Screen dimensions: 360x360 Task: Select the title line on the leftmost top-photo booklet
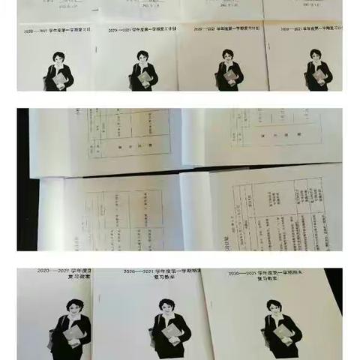(57, 32)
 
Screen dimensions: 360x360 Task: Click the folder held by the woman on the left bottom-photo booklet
(73, 334)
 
